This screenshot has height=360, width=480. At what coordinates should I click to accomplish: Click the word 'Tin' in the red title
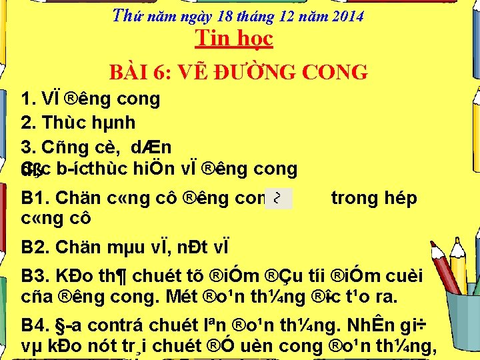209,38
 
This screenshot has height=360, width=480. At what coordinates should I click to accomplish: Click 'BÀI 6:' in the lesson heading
137,72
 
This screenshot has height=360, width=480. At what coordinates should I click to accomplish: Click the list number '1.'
28,99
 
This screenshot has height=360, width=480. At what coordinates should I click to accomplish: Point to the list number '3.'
28,146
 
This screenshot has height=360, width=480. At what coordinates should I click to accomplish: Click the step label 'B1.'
36,198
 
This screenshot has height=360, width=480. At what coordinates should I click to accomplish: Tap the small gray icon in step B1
278,198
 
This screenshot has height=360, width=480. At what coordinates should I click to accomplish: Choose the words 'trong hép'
375,198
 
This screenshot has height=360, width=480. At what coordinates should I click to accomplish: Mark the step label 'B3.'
36,275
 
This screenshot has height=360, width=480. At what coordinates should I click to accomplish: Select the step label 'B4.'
36,327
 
